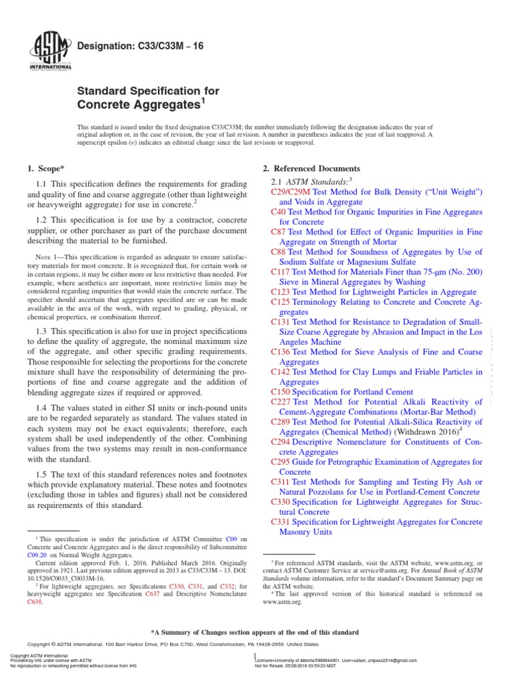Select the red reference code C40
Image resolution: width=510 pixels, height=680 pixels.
(278, 211)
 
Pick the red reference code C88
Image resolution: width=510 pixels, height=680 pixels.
(278, 252)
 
